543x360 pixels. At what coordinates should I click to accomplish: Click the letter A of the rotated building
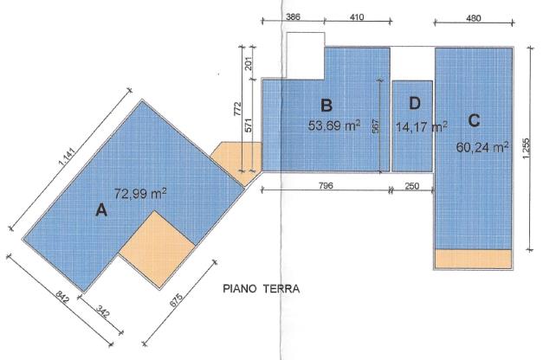[x=101, y=210]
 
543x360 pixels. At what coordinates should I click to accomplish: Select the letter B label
[x=326, y=106]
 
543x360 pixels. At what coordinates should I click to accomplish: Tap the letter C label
[x=474, y=120]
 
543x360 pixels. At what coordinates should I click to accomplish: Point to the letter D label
[x=415, y=103]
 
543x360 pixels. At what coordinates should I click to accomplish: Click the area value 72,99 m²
[x=140, y=194]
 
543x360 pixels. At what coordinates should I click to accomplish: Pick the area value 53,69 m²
[x=333, y=125]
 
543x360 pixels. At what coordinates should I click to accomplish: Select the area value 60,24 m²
[x=482, y=147]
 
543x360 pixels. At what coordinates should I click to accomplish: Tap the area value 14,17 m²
[x=421, y=126]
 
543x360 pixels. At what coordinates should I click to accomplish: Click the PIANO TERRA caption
[x=262, y=289]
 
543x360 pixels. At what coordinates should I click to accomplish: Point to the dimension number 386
[x=293, y=16]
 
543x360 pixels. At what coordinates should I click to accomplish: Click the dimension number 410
[x=357, y=16]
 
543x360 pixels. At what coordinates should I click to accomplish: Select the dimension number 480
[x=474, y=17]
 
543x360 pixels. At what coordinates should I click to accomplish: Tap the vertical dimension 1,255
[x=526, y=149]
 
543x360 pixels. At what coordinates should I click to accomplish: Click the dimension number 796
[x=326, y=185]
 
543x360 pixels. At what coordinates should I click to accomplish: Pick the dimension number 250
[x=411, y=186]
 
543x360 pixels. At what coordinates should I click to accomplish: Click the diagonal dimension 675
[x=177, y=300]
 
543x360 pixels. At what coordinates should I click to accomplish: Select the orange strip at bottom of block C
[x=473, y=259]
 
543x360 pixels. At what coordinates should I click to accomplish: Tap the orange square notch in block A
[x=158, y=249]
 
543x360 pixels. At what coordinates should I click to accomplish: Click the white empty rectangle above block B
[x=306, y=55]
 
